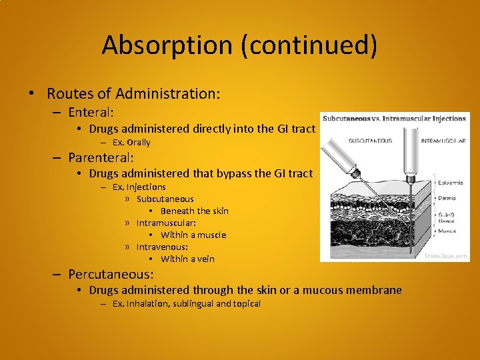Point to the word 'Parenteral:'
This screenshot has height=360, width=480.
click(101, 158)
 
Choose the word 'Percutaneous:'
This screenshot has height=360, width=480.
click(111, 274)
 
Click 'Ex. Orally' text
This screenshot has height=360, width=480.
click(131, 142)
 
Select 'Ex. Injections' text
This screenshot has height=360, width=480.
click(139, 187)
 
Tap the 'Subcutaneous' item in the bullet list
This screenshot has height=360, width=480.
click(165, 199)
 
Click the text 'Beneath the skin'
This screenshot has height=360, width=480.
click(194, 211)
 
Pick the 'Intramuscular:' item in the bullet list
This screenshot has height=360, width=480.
click(166, 223)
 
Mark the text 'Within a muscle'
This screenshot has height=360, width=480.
click(193, 235)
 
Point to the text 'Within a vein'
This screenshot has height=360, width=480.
click(187, 259)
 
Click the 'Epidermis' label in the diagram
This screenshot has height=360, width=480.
click(451, 179)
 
